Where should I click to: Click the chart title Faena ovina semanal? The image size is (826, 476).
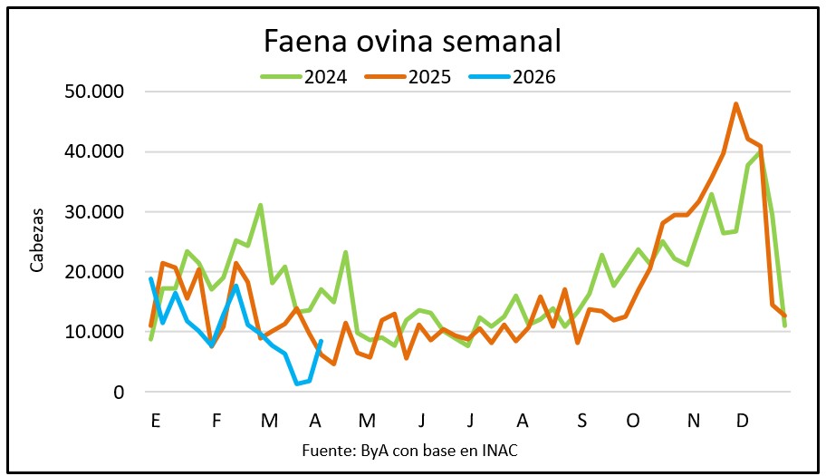(x=412, y=41)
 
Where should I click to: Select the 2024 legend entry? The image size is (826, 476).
(x=304, y=76)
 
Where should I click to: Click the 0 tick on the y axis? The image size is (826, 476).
(x=120, y=393)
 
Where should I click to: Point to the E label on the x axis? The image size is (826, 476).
(x=156, y=421)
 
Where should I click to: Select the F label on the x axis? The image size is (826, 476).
(x=216, y=421)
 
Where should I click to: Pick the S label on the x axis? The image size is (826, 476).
(x=581, y=421)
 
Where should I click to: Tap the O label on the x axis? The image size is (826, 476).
(x=633, y=421)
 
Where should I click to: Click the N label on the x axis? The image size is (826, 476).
(x=694, y=421)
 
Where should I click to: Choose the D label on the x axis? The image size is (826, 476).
(x=742, y=421)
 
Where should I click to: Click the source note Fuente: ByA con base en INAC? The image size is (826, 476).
(x=413, y=450)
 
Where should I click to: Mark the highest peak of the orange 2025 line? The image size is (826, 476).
(x=735, y=103)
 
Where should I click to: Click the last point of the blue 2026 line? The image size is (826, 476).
(x=322, y=341)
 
